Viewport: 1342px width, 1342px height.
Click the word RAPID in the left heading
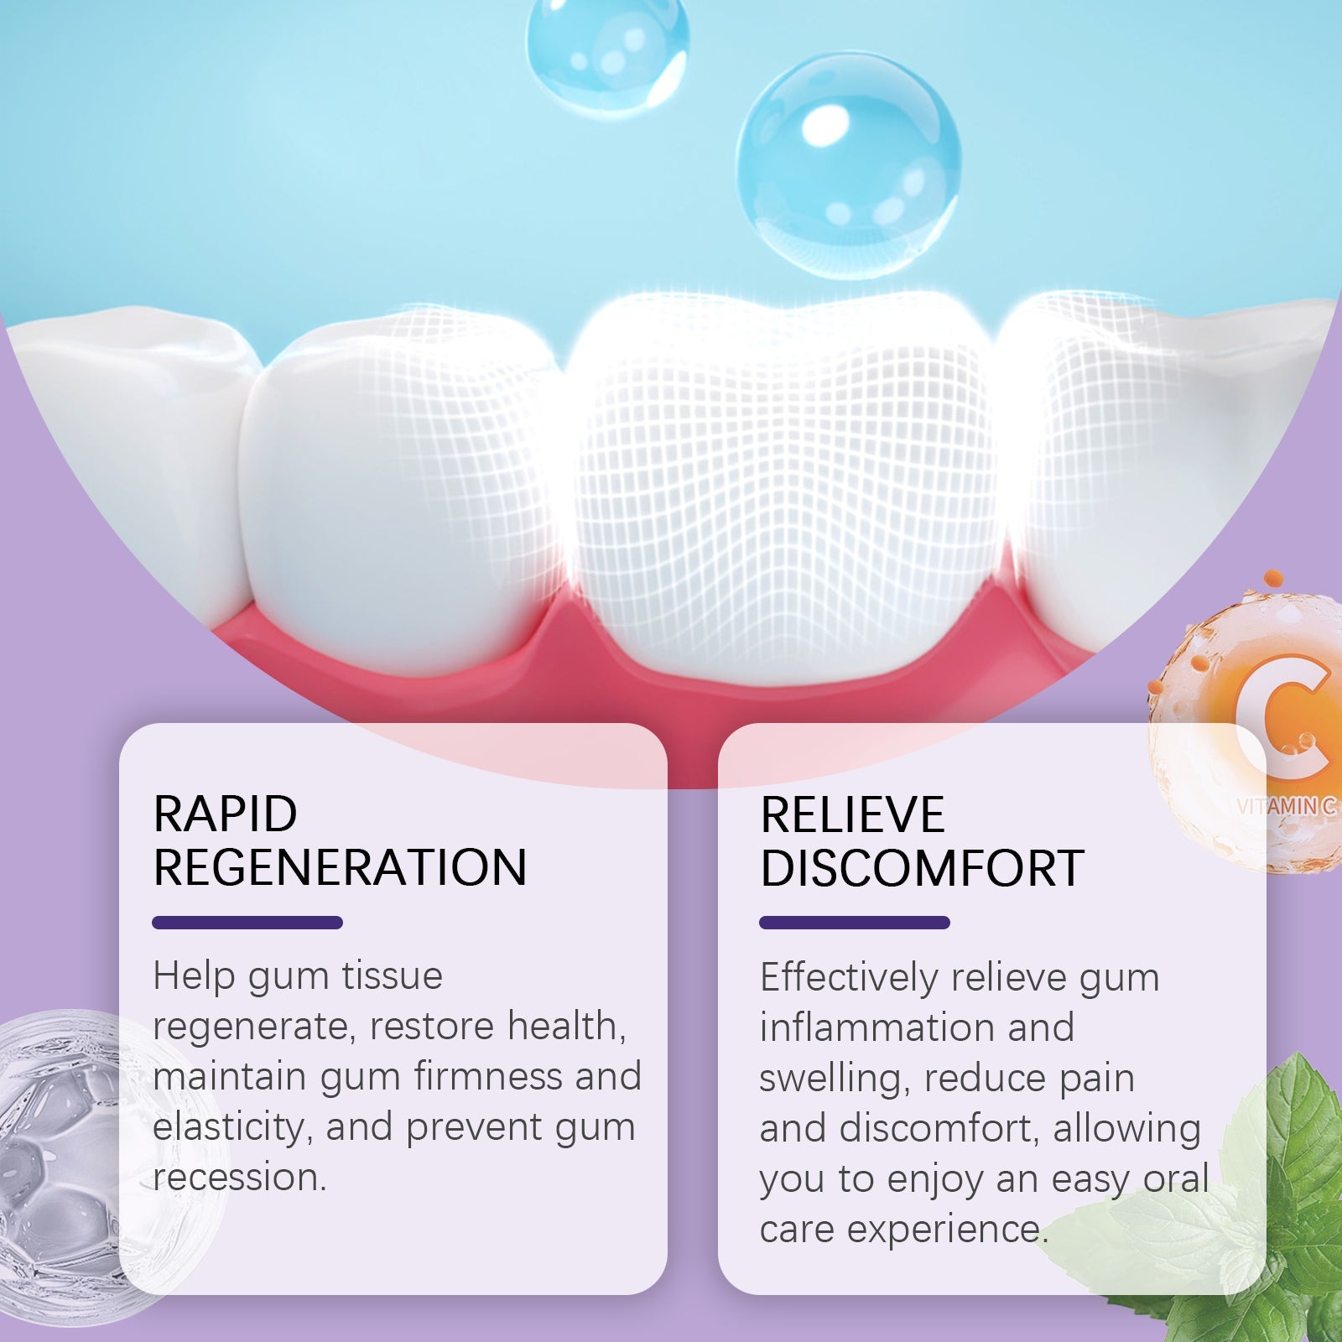pos(225,814)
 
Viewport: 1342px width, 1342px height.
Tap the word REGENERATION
pos(340,867)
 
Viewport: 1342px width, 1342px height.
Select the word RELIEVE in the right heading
pos(852,814)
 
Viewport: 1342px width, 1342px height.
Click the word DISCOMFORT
pos(922,868)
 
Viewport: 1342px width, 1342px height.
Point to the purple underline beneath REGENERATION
pos(247,923)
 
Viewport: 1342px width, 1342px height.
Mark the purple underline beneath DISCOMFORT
pos(854,923)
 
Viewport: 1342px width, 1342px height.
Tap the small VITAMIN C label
pos(1287,806)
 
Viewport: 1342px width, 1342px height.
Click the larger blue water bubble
pos(848,164)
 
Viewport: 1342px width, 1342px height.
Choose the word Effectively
pos(848,977)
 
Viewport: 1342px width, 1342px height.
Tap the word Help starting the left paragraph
pos(194,975)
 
